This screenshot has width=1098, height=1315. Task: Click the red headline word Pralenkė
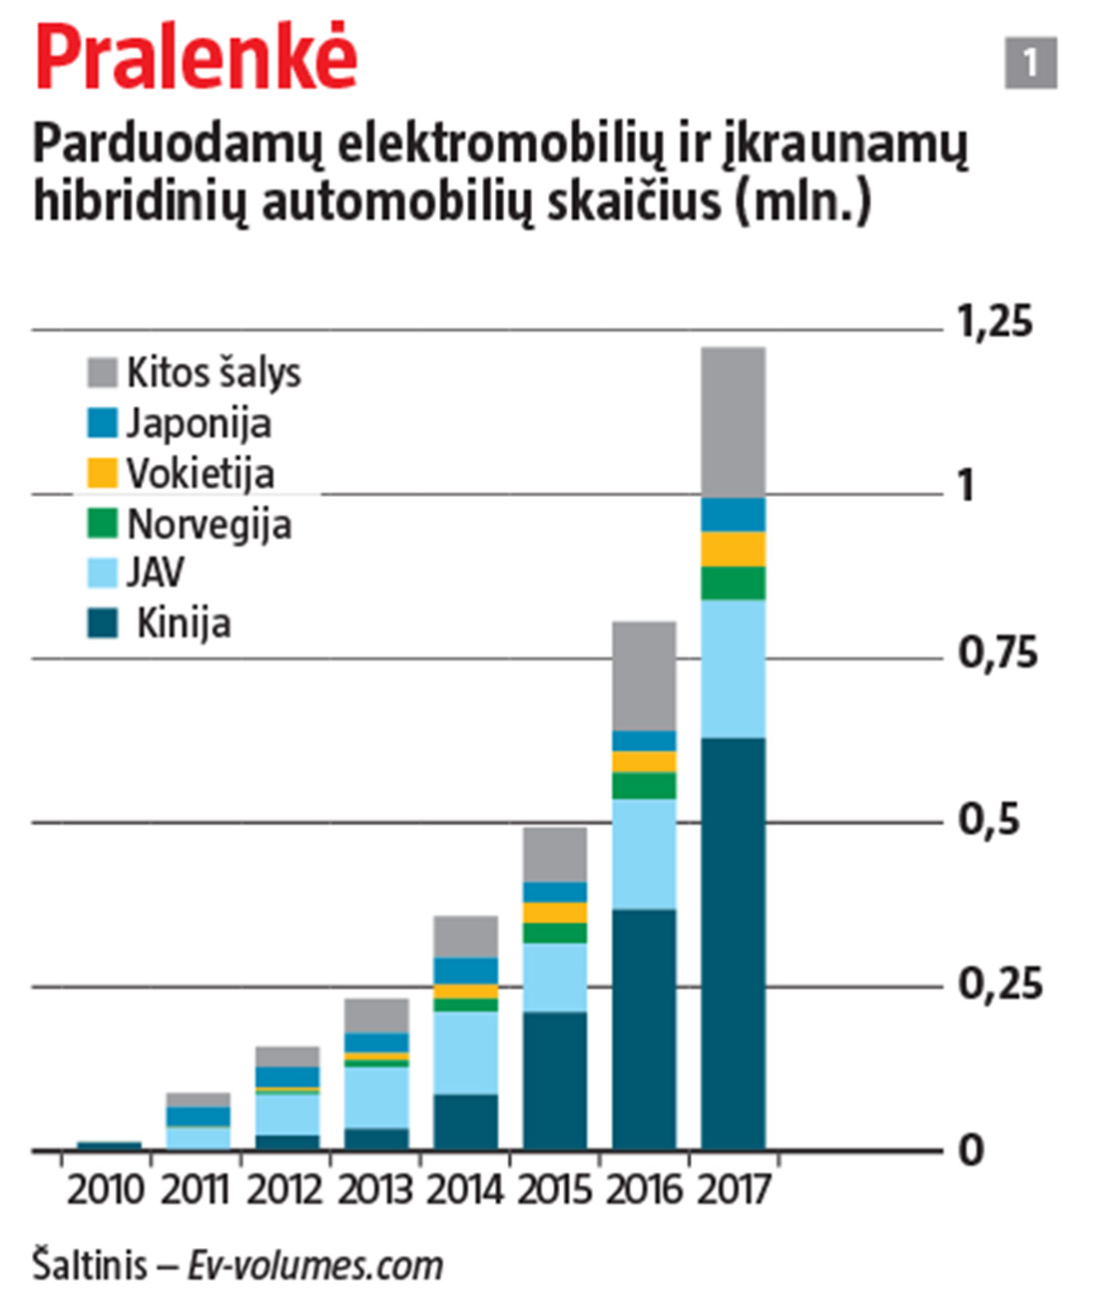point(196,57)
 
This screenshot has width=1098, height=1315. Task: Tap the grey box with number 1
point(1030,63)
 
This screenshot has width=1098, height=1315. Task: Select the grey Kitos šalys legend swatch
point(103,372)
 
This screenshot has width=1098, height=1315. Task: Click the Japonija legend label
point(199,423)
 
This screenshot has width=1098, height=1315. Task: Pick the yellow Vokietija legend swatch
point(103,473)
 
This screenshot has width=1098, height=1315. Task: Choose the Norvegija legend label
point(209,524)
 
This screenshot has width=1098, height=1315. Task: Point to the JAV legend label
point(155,573)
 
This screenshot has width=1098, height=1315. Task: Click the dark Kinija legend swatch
point(103,624)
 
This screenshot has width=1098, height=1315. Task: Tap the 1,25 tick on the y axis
point(994,322)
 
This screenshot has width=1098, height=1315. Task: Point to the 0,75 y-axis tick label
point(997,654)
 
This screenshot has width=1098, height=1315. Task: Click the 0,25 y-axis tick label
point(999,985)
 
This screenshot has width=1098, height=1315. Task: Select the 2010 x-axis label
point(105,1190)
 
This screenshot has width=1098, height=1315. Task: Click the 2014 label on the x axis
point(464,1190)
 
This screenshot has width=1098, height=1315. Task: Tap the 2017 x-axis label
point(734,1190)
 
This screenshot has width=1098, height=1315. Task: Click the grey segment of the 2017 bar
point(733,422)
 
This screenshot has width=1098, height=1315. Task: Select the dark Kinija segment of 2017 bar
point(733,943)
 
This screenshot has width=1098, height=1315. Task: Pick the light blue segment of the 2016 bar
point(644,854)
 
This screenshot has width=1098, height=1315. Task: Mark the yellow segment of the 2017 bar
point(733,550)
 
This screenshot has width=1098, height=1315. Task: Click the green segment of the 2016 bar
point(644,786)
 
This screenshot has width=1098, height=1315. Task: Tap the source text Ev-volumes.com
point(315,1266)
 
